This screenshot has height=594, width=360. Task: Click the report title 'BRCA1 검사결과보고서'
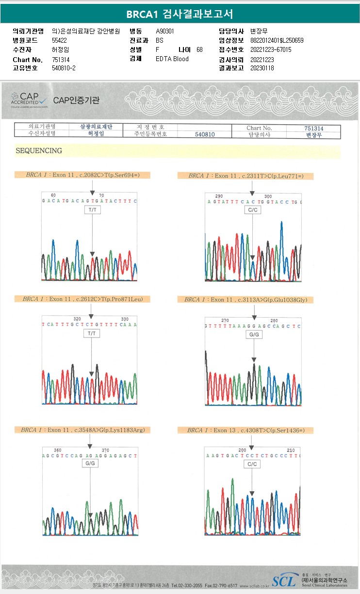180,14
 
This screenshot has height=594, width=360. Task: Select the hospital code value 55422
59,41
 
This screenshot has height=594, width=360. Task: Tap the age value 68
199,50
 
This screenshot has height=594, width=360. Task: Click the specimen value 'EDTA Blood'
172,59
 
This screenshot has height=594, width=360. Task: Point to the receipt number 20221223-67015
271,50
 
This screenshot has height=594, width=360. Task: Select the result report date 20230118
262,68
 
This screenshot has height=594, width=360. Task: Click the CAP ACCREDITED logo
29,100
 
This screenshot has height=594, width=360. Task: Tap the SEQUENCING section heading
39,151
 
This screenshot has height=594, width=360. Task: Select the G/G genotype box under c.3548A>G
90,464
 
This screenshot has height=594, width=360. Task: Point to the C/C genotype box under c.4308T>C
252,464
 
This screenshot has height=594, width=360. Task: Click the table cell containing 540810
205,135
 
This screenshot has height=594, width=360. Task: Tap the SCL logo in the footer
283,580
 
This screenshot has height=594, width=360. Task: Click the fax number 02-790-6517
221,586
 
